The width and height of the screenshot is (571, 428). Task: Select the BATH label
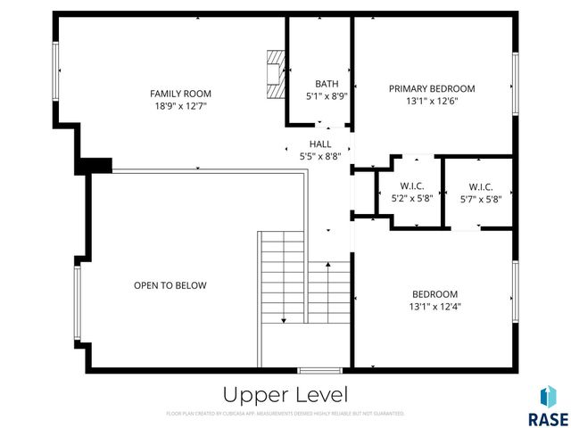click(320, 84)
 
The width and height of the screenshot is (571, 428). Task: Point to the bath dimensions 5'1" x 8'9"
click(320, 95)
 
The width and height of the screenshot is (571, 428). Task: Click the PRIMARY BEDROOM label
click(432, 88)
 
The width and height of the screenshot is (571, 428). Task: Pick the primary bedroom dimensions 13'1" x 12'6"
click(432, 101)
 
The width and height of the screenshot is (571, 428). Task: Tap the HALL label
click(320, 144)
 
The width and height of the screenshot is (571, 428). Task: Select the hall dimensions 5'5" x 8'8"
click(320, 155)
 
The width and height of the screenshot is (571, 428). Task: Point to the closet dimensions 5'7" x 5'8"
click(480, 199)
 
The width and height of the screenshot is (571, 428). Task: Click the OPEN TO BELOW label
click(170, 285)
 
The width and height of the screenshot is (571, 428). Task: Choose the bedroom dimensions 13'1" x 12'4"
click(434, 307)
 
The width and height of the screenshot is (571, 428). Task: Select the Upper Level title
click(285, 394)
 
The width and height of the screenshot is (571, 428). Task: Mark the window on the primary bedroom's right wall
click(515, 83)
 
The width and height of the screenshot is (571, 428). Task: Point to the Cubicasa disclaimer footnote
click(285, 414)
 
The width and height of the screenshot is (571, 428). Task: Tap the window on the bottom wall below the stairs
click(319, 370)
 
